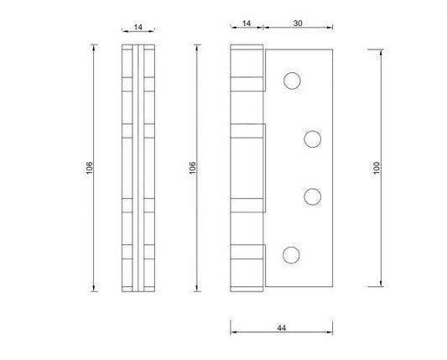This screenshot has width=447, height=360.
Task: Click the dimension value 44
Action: click(282, 328)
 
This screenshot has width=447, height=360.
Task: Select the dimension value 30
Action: click(298, 23)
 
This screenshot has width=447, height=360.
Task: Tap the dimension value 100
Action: click(377, 168)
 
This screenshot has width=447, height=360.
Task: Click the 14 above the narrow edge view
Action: click(138, 27)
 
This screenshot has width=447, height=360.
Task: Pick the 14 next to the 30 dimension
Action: click(247, 23)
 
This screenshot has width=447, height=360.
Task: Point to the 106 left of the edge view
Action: click(89, 168)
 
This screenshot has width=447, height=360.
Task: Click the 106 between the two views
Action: click(192, 168)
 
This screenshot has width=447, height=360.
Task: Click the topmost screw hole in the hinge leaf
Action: click(292, 81)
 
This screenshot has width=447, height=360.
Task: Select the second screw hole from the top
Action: click(313, 139)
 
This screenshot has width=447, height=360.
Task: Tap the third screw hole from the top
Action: click(313, 196)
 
